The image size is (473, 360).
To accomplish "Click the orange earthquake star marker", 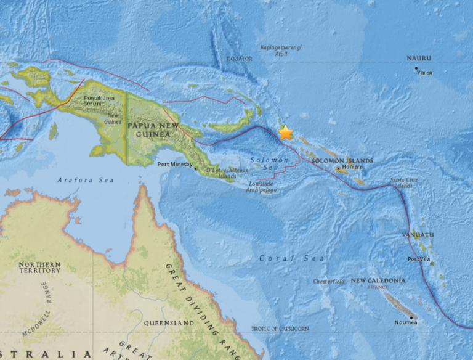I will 285,133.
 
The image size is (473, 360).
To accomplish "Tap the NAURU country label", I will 419,59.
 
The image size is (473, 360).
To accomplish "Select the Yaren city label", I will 425,72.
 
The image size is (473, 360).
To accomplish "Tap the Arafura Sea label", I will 78,180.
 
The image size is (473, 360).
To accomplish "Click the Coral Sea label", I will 283,258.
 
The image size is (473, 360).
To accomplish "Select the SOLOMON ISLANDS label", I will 342,160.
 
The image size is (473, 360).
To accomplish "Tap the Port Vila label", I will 419,259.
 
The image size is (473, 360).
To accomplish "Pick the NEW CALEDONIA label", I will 378,280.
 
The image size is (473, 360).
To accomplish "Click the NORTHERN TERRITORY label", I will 39,267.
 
